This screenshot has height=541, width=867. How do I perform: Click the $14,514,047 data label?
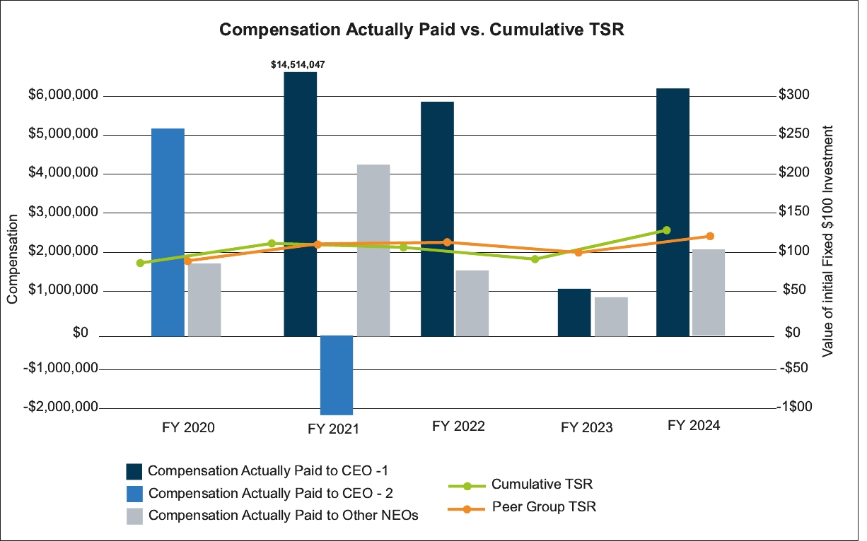(298, 64)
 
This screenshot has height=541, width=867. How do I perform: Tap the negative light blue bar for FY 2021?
(336, 374)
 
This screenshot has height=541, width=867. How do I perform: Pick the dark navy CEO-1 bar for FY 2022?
(437, 218)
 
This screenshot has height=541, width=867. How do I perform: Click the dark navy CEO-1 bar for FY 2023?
(574, 312)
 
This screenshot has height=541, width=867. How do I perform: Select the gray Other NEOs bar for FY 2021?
(373, 250)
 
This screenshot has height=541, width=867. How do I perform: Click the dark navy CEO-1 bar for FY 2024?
(673, 212)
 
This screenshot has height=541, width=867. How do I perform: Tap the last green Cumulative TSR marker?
(666, 230)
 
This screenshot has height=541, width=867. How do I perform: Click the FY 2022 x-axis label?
(458, 427)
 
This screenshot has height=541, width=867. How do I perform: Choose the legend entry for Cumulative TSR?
(542, 484)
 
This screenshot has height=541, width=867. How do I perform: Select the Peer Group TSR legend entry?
(545, 506)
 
